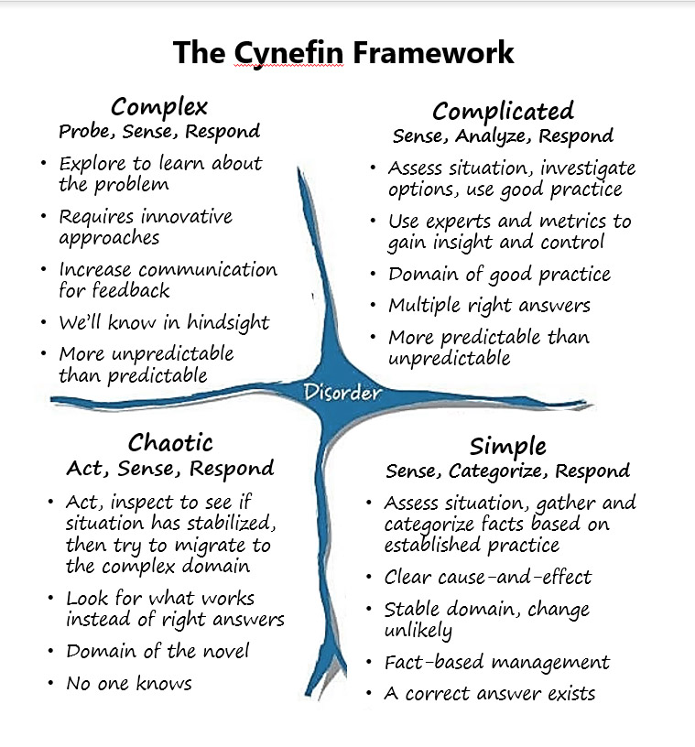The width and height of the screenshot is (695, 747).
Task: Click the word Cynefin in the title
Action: pyautogui.click(x=290, y=52)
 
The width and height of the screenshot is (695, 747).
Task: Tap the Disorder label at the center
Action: pyautogui.click(x=342, y=394)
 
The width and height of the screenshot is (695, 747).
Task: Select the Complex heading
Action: pyautogui.click(x=159, y=107)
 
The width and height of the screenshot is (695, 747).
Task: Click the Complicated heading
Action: pyautogui.click(x=503, y=112)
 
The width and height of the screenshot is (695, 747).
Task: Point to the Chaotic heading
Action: pyautogui.click(x=170, y=443)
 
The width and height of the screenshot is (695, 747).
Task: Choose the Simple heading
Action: pyautogui.click(x=507, y=447)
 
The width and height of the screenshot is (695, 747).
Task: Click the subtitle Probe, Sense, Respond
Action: pyautogui.click(x=158, y=132)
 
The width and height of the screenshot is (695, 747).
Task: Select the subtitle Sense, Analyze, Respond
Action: pyautogui.click(x=503, y=136)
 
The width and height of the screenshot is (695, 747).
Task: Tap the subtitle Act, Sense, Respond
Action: pyautogui.click(x=170, y=469)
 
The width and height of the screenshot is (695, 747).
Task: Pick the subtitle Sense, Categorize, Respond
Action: pyautogui.click(x=507, y=471)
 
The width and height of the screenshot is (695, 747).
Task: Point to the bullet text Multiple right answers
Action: pyautogui.click(x=489, y=305)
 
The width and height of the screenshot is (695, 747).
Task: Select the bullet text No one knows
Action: pyautogui.click(x=128, y=682)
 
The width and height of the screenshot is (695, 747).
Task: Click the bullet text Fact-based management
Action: pyautogui.click(x=496, y=662)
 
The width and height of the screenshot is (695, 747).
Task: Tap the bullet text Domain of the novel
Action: pyautogui.click(x=157, y=652)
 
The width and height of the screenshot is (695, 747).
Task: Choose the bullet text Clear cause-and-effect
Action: pyautogui.click(x=487, y=578)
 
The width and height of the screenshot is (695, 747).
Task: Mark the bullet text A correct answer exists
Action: pyautogui.click(x=489, y=693)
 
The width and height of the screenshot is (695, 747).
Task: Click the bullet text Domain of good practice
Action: pyautogui.click(x=499, y=274)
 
